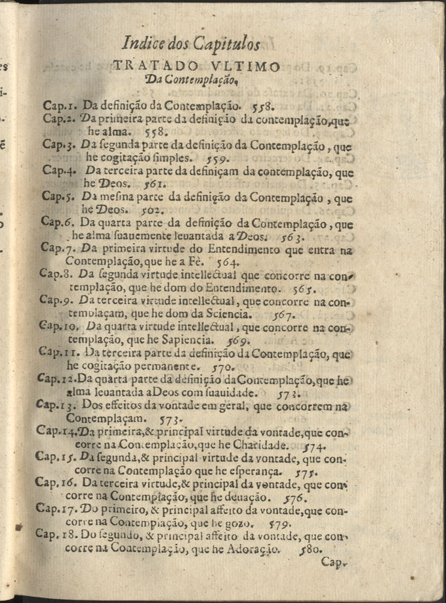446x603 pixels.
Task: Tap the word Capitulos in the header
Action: coord(227,45)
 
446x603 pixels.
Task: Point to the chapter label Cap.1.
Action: coord(60,104)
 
